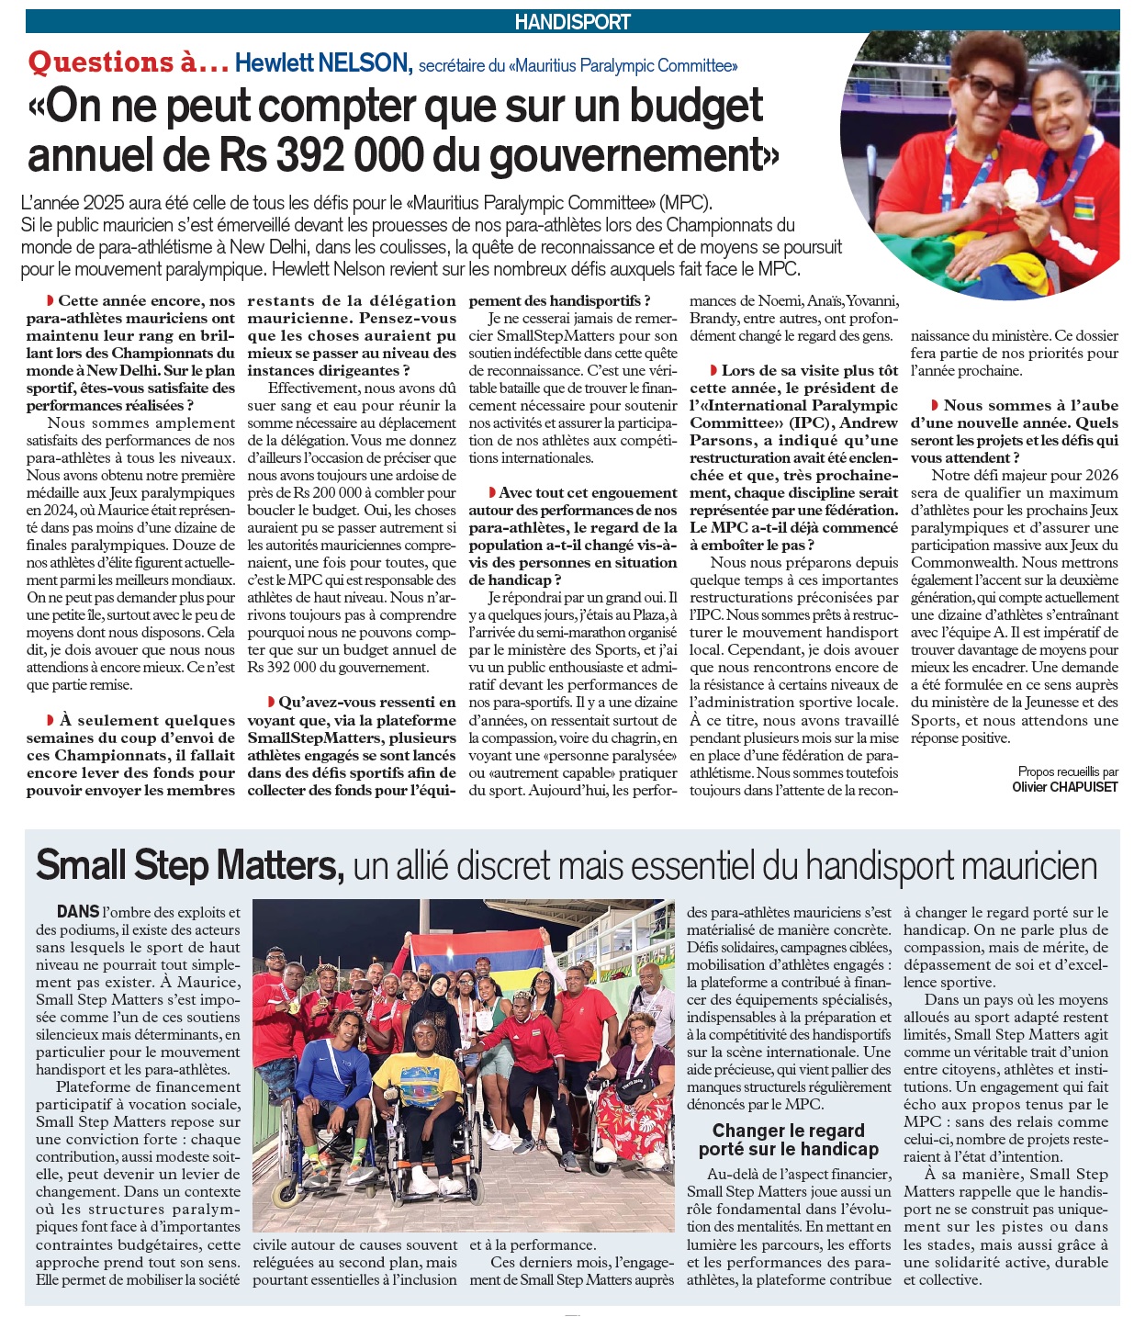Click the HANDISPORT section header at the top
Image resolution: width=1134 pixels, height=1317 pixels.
point(572,21)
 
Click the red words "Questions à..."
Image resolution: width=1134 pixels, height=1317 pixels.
point(129,62)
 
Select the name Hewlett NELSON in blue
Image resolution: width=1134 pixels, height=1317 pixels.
point(322,62)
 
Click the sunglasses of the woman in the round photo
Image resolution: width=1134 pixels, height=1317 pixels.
point(992,89)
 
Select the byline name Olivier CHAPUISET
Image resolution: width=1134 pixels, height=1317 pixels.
point(1064,787)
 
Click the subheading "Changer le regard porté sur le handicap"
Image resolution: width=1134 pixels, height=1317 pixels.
point(788,1140)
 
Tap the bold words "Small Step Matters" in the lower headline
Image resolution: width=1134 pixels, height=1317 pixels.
point(189,865)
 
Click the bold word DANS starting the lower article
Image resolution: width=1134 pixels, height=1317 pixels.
point(78,911)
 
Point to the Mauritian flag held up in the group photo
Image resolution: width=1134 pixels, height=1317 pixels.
point(477,955)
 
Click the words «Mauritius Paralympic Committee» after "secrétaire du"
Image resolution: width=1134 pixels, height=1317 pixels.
point(624,65)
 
